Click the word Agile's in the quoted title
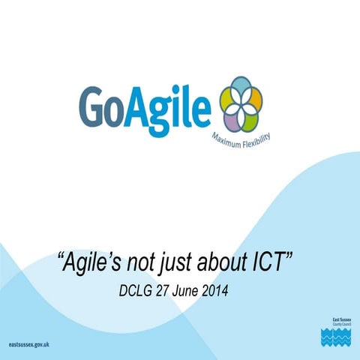[94, 262]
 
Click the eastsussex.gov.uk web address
[28, 343]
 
